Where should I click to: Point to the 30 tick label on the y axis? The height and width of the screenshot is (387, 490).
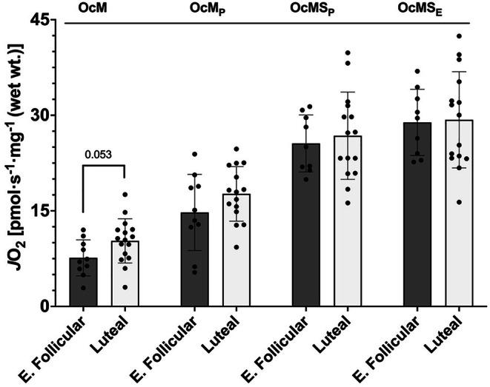pyautogui.click(x=41, y=115)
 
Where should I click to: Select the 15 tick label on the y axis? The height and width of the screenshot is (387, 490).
pyautogui.click(x=41, y=211)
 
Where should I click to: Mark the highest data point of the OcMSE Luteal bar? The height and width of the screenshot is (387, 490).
pyautogui.click(x=459, y=36)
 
